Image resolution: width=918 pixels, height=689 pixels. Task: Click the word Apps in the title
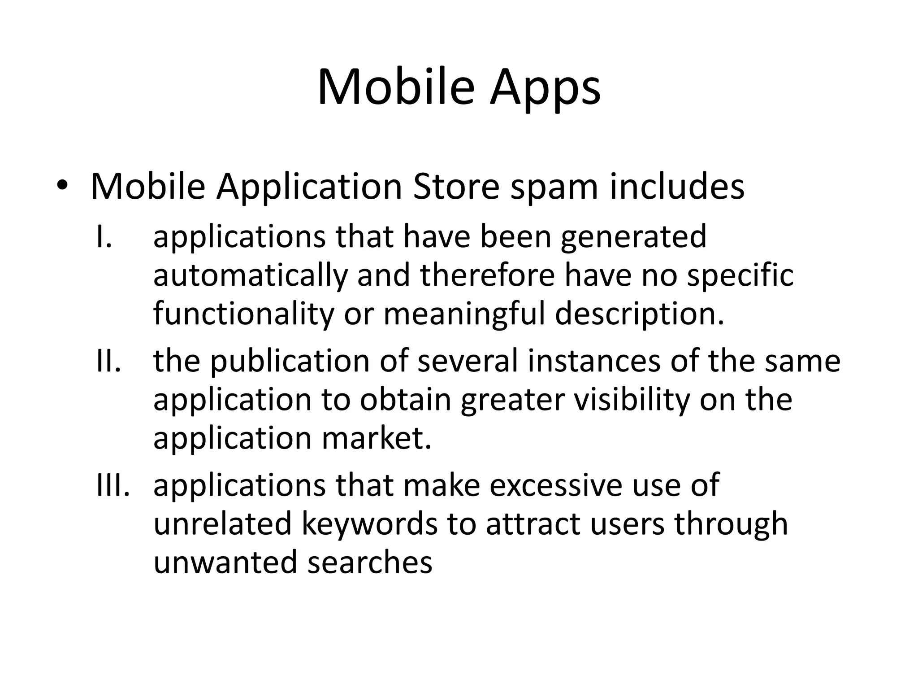click(x=545, y=88)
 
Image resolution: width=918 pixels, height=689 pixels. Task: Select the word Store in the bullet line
click(x=456, y=187)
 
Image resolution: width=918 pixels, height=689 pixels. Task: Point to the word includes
click(x=677, y=187)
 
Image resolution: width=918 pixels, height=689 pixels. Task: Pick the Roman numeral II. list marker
click(x=108, y=361)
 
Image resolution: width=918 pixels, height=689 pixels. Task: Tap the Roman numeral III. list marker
click(x=113, y=485)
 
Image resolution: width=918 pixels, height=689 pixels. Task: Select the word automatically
click(x=250, y=276)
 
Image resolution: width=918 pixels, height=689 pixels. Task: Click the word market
click(x=377, y=438)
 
